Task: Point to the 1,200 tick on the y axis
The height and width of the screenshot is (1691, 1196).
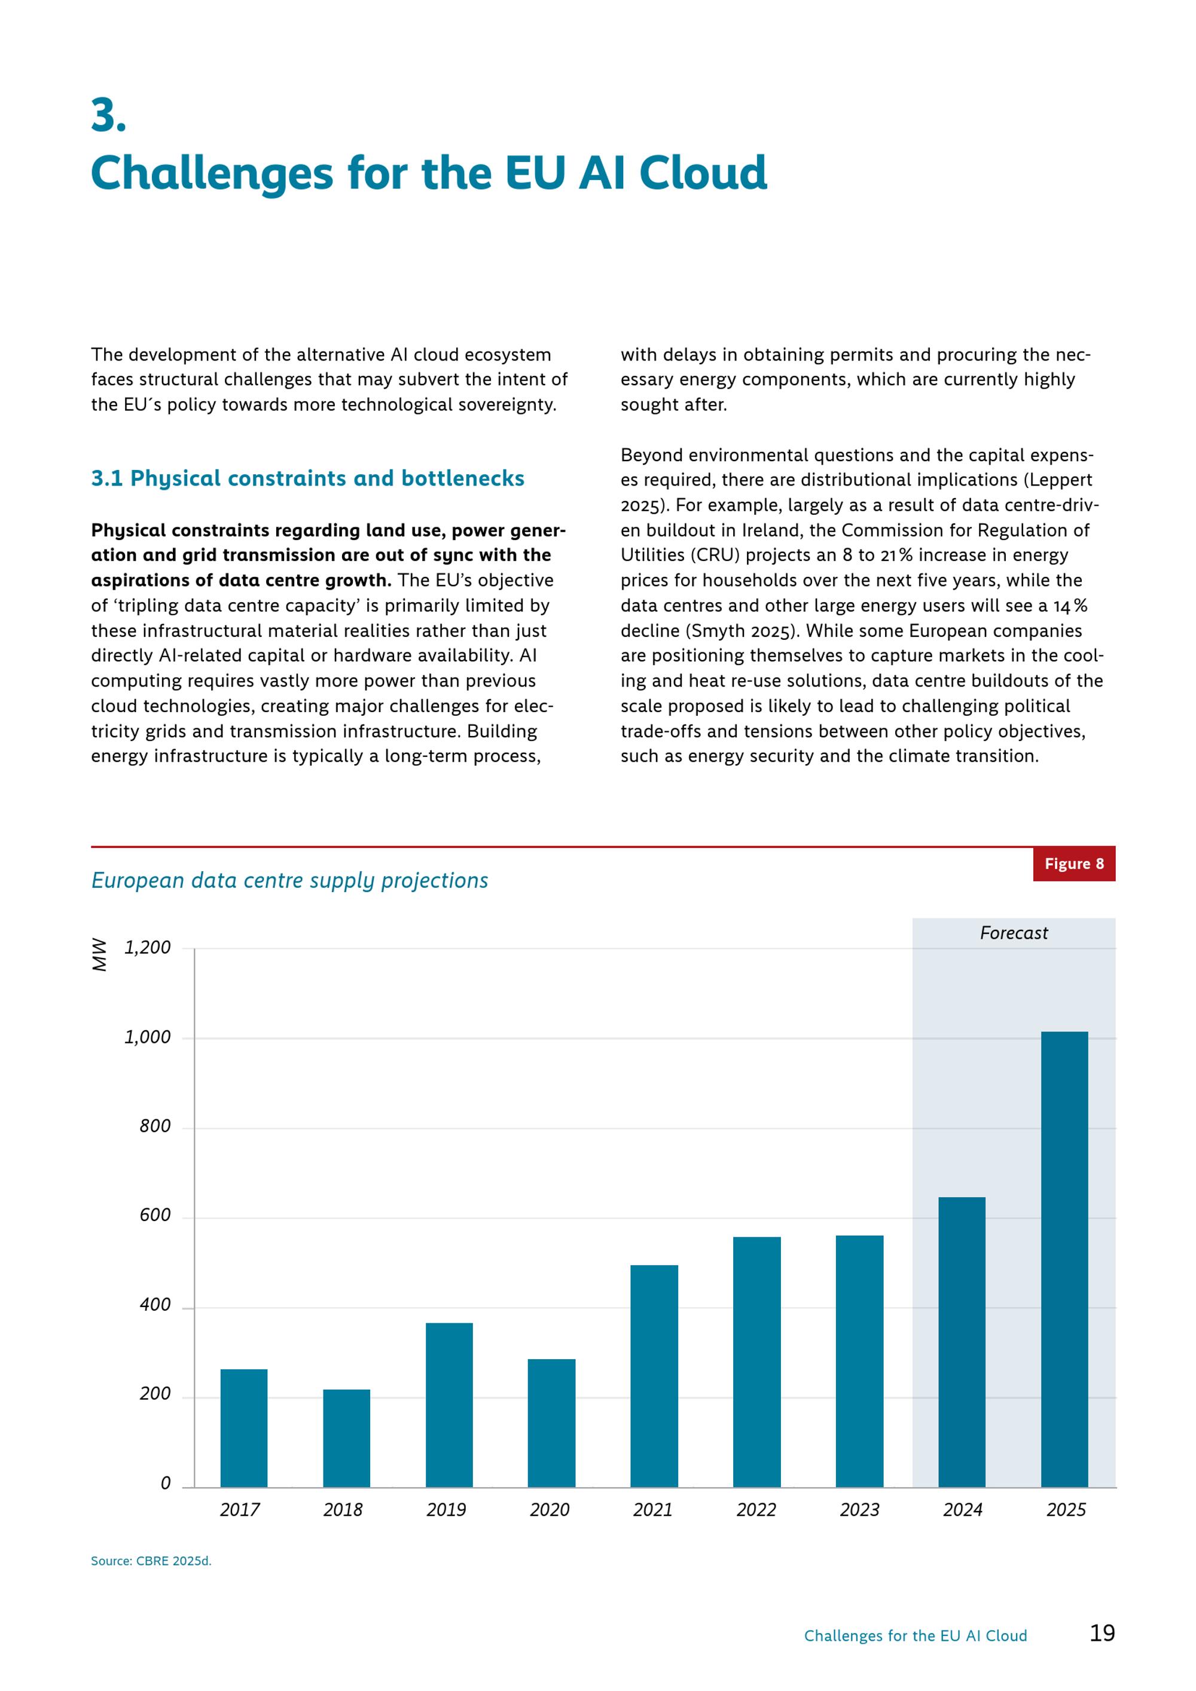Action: pos(147,948)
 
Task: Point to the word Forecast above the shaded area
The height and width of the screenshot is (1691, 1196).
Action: pos(1014,933)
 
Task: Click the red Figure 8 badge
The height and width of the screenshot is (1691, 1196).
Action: pos(1074,864)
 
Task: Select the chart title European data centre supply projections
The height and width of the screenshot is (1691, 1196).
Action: pos(289,881)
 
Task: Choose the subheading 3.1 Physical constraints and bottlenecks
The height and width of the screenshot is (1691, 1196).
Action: pos(308,479)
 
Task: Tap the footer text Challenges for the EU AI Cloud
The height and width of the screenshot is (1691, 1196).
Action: pos(916,1637)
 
